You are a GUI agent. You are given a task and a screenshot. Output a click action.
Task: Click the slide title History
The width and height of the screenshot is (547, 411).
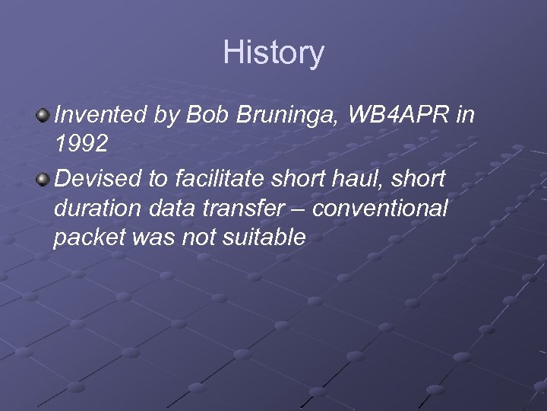click(273, 53)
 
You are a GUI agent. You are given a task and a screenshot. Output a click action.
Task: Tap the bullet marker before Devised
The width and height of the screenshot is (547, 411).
click(43, 178)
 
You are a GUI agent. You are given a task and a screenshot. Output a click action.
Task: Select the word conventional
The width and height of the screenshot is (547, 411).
click(381, 208)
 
